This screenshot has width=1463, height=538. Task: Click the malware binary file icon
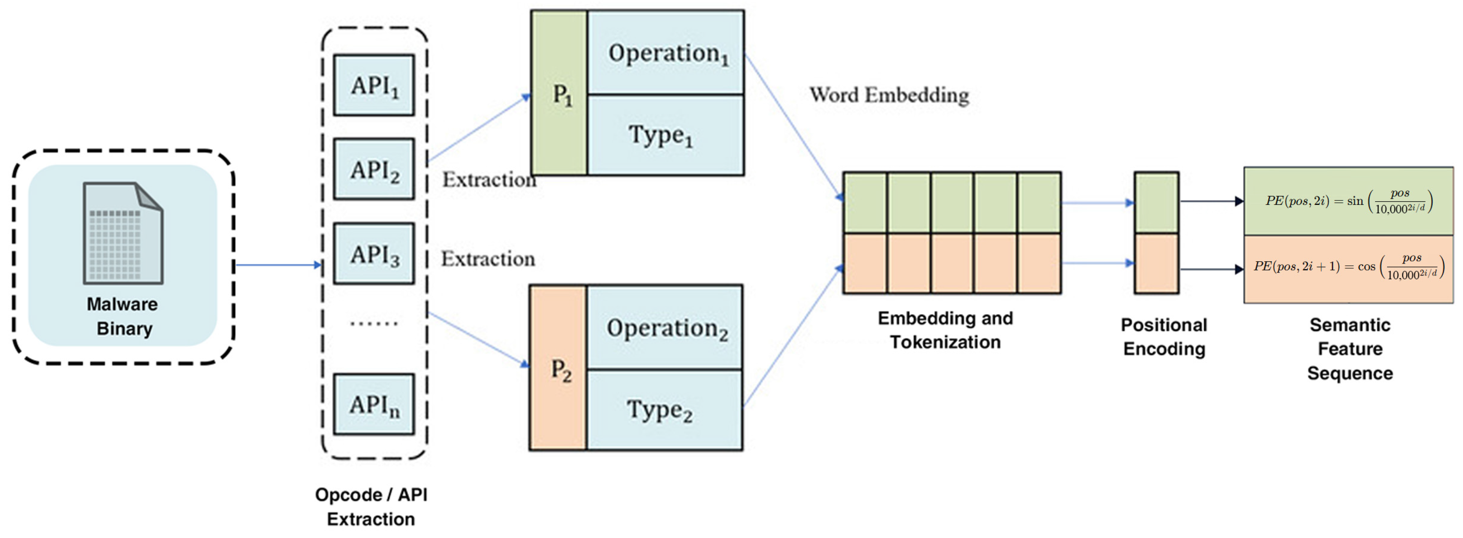[123, 233]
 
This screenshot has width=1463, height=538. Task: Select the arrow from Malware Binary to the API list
[278, 265]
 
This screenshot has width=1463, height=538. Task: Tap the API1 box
[374, 85]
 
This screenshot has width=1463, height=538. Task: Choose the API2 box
[374, 169]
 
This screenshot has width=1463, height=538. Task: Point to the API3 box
[374, 253]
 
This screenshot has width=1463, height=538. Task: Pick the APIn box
[374, 404]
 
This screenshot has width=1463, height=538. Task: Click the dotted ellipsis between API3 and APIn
[374, 324]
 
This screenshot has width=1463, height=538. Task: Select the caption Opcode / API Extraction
[371, 507]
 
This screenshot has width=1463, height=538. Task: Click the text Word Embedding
[890, 95]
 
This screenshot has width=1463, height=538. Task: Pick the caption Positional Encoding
[1164, 336]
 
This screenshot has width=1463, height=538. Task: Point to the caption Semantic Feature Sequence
[1350, 349]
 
